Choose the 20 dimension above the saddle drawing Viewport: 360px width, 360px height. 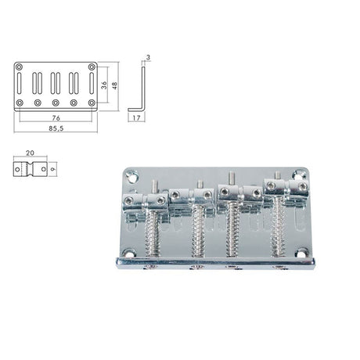pos(29,155)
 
